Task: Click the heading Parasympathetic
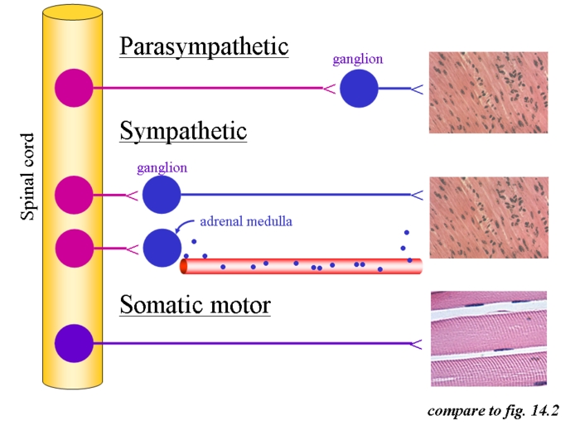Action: tap(204, 46)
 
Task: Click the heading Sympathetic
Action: tap(183, 131)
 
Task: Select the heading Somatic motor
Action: tap(195, 305)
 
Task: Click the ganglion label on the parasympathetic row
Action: tap(358, 60)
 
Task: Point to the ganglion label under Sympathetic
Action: tap(162, 167)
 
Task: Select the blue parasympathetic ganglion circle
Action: tap(360, 87)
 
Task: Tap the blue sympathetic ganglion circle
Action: tap(161, 196)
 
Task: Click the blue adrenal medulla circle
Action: tap(161, 247)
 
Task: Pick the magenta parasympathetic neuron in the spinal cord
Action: tap(74, 87)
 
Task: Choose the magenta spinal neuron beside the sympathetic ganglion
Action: tap(74, 196)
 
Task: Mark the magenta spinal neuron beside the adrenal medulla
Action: tap(74, 247)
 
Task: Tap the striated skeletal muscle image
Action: tap(489, 338)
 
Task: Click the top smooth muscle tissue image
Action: tap(489, 93)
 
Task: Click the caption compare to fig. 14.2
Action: tap(494, 410)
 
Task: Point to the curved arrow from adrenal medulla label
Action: tap(184, 225)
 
